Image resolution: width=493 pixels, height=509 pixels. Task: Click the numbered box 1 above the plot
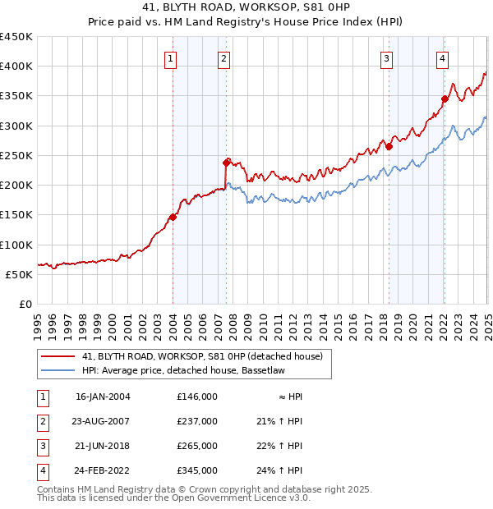tap(170, 57)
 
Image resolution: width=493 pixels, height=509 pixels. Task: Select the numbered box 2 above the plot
tap(223, 57)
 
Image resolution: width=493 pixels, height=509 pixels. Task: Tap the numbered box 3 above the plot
tap(386, 57)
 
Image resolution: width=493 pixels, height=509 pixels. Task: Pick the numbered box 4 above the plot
tap(442, 57)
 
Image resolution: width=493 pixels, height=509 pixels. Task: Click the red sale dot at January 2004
tap(173, 218)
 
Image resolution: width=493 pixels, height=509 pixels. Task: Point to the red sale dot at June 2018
tap(389, 147)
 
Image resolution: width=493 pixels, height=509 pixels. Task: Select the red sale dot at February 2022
tap(445, 99)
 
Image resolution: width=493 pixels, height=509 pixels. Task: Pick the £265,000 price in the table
tap(196, 446)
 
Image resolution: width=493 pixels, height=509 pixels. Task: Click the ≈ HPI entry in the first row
tap(291, 397)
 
